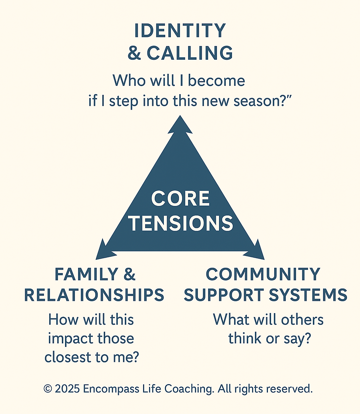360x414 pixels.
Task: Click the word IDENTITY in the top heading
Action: tap(180, 31)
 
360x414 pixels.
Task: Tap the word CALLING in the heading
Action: tap(190, 53)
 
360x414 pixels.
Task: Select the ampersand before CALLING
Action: tap(134, 53)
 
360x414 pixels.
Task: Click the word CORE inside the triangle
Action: tap(180, 199)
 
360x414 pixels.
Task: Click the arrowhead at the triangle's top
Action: tap(180, 125)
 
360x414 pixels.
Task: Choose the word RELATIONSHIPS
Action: tap(94, 295)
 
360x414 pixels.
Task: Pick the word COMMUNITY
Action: tap(263, 274)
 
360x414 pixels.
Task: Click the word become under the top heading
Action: tap(217, 81)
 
